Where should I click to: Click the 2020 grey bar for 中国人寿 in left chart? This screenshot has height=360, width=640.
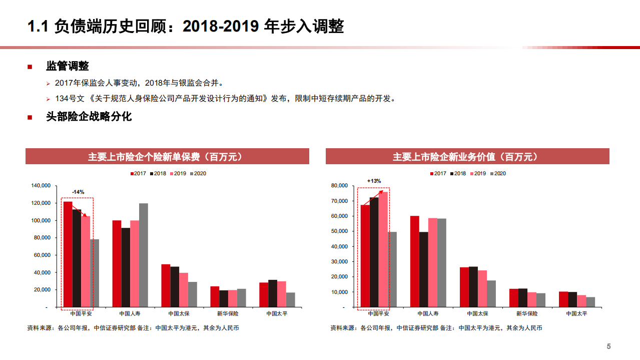click(x=144, y=255)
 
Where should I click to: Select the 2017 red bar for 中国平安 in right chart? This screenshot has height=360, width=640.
click(x=365, y=255)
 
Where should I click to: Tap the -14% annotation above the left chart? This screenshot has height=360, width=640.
click(x=78, y=192)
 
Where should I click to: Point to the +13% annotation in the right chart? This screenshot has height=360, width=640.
click(x=374, y=181)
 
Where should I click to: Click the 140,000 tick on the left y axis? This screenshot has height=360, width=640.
click(x=41, y=186)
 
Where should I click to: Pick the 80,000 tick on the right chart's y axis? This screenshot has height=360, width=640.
click(x=339, y=186)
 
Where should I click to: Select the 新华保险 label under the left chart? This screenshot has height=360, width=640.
click(x=228, y=313)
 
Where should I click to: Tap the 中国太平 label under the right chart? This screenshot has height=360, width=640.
click(x=576, y=313)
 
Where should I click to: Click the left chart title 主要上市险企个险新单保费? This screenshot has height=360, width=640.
click(x=167, y=157)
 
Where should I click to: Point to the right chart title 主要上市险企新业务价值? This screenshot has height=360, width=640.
click(x=467, y=157)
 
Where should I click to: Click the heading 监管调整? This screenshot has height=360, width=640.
click(x=68, y=67)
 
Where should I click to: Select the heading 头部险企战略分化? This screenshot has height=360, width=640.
click(x=89, y=117)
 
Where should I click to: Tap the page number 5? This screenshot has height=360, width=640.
click(x=609, y=346)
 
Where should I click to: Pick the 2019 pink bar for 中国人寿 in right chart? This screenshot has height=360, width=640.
click(x=432, y=262)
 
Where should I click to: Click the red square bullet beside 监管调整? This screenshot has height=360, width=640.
click(x=30, y=67)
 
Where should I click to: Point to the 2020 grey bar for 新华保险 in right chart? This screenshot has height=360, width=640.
click(x=541, y=300)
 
